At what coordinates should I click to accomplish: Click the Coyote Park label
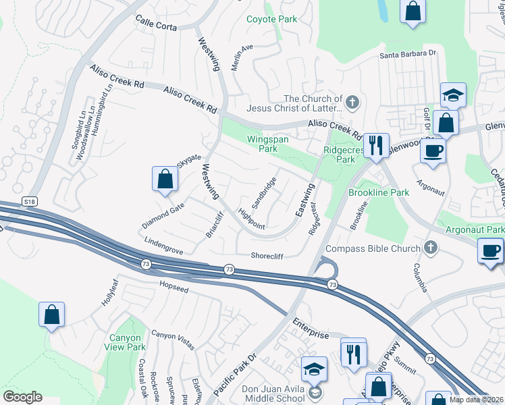[271, 19]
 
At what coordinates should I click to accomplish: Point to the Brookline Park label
[379, 192]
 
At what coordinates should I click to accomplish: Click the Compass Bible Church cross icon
[428, 247]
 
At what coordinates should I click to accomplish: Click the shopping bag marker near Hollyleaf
[51, 315]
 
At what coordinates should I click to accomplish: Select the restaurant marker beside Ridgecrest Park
[375, 144]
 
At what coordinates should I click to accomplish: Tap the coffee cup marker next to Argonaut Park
[489, 252]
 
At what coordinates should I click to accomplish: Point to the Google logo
[22, 397]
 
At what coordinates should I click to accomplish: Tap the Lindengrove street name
[163, 245]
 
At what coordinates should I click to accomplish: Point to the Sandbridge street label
[264, 192]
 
